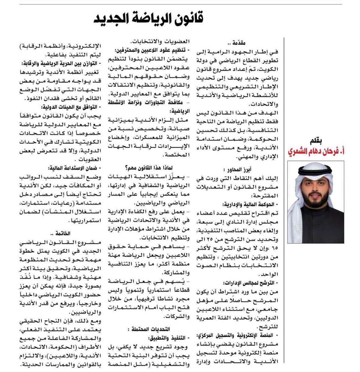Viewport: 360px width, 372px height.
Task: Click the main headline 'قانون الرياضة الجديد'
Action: point(149,19)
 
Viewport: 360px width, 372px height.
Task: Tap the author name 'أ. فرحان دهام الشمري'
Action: point(315,152)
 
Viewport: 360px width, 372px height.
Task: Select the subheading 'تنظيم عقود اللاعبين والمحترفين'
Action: point(151,50)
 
